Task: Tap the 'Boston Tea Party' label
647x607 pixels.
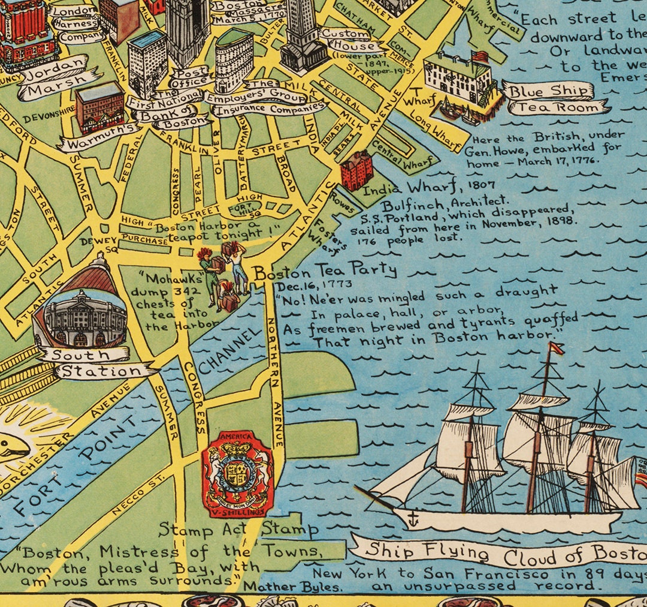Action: point(325,272)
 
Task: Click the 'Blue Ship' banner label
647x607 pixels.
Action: point(549,91)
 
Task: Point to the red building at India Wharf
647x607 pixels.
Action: point(356,170)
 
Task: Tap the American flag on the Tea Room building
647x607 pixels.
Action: point(480,56)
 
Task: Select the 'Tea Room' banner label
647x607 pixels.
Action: point(557,108)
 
